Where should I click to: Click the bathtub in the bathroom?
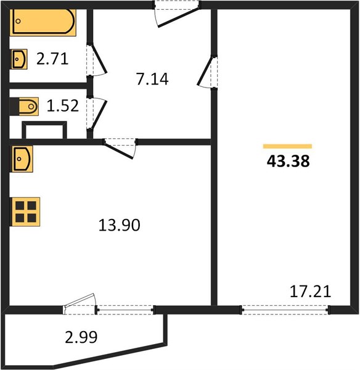click(x=43, y=22)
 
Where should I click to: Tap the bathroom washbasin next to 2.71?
click(x=19, y=59)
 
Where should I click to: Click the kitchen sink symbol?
click(x=22, y=159)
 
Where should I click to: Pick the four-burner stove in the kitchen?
click(x=26, y=212)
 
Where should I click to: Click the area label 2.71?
click(x=52, y=59)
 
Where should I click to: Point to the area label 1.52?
click(x=63, y=105)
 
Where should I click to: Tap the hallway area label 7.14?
click(x=152, y=79)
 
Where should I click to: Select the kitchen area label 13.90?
click(x=119, y=225)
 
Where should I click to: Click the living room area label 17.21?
click(x=310, y=292)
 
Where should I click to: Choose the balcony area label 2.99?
click(x=81, y=337)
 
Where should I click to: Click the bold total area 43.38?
click(x=288, y=162)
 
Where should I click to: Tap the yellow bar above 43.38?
click(x=288, y=146)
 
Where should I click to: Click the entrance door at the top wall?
click(x=177, y=14)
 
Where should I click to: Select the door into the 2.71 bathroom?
click(x=97, y=59)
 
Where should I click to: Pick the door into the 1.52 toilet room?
click(x=97, y=113)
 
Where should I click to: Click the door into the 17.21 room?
click(x=207, y=72)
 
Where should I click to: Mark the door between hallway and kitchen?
click(x=120, y=148)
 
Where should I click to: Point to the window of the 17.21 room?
click(x=285, y=310)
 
